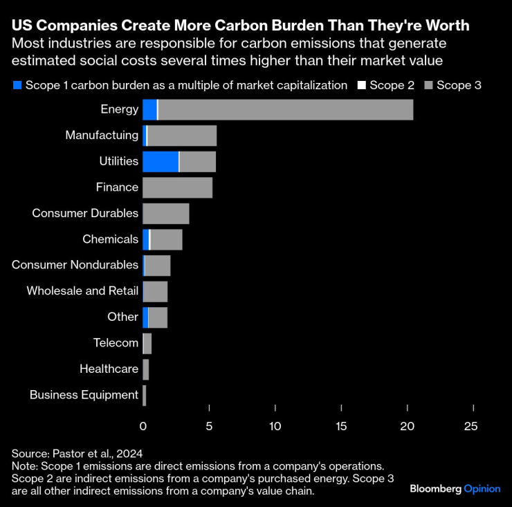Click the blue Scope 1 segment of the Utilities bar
point(161,161)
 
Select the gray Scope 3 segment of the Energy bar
point(286,109)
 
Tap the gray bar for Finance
point(177,187)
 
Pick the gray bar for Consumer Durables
point(165,213)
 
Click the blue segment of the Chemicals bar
point(145,239)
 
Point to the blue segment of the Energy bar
point(149,109)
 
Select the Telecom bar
point(147,343)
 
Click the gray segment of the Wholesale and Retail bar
point(156,291)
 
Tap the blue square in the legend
point(17,86)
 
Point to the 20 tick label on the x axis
point(408,427)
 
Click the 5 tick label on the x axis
point(209,427)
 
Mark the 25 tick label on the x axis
point(470,427)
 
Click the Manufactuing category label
point(102,136)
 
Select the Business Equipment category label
point(84,395)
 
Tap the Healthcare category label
point(109,369)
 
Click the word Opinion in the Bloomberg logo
point(482,488)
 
